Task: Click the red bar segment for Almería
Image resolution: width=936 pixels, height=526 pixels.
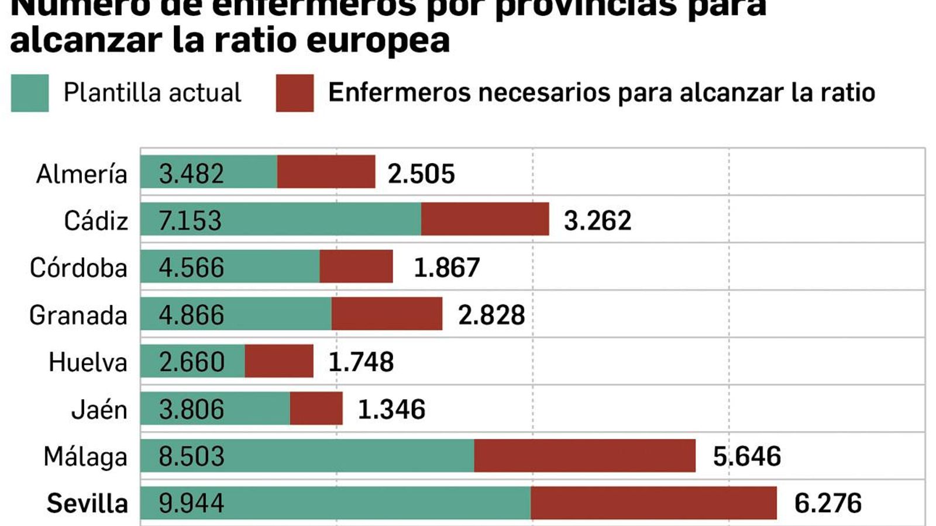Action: (x=326, y=172)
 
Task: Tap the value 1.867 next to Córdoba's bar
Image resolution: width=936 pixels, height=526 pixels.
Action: (x=446, y=267)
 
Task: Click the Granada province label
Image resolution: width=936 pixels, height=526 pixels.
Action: (x=78, y=316)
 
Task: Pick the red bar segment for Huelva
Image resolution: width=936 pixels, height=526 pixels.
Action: (x=278, y=361)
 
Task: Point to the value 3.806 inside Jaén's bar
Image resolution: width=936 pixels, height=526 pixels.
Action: (x=191, y=409)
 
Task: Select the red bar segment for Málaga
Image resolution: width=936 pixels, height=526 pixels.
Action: (x=584, y=456)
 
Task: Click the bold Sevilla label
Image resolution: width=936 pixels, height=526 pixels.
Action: (x=87, y=503)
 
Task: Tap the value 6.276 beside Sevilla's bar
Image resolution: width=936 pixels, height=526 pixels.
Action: (x=827, y=503)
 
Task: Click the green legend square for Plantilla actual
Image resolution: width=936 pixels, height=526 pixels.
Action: (x=30, y=93)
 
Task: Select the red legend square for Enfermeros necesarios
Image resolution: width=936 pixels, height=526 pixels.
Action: (x=295, y=93)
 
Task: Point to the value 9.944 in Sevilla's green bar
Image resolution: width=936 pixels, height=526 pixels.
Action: (x=191, y=503)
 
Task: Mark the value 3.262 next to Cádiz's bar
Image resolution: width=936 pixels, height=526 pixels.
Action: (x=597, y=220)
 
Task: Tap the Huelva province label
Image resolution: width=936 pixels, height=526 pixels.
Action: (x=88, y=362)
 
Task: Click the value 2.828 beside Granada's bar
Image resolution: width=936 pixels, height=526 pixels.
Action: (x=491, y=315)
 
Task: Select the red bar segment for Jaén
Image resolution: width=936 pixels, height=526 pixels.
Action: (x=316, y=409)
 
